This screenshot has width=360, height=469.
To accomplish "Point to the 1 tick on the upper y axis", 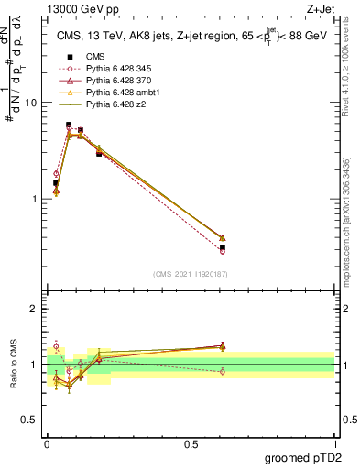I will (34, 199).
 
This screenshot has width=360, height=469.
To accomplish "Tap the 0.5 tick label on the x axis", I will (191, 444).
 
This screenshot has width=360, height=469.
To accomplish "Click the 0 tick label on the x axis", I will (47, 444).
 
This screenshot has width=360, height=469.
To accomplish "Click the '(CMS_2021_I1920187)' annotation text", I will (191, 274).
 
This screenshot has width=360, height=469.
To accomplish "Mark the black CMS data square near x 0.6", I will (223, 247).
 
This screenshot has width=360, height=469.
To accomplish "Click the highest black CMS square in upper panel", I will (69, 125).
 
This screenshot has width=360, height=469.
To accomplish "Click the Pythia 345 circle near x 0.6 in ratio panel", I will (223, 371).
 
